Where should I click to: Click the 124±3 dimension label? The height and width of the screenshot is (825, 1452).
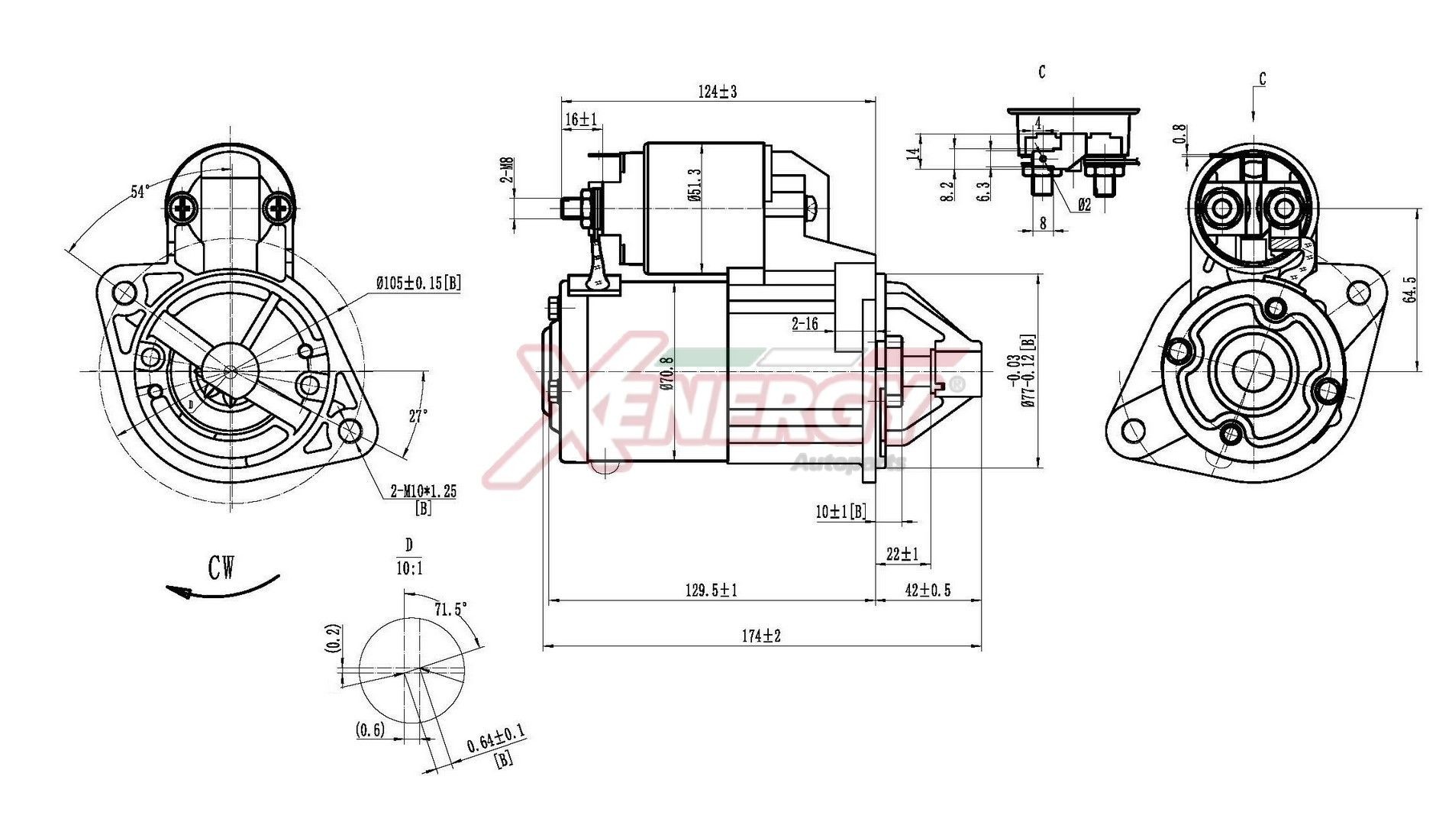coord(717,92)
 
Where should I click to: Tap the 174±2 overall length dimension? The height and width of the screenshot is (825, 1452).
coord(761,636)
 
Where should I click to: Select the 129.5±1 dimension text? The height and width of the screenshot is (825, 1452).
coord(711,590)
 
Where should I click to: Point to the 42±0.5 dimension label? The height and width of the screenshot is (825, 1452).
coord(928,590)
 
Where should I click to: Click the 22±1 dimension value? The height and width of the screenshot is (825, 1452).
coord(902,554)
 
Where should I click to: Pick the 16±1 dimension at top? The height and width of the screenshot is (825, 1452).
coord(581,119)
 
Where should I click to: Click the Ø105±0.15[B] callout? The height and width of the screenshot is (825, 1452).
coord(418,283)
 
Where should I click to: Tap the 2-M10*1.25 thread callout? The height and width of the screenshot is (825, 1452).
coord(423,491)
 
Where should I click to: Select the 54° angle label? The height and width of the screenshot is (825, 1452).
coord(139,191)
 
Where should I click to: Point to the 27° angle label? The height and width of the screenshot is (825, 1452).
coord(418,416)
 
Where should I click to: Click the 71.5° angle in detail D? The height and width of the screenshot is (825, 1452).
coord(450,609)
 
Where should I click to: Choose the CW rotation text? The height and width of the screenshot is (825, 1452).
coord(222,568)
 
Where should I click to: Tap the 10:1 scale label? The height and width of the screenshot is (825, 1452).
coord(409,568)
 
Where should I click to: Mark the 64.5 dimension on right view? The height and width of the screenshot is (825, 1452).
coord(1410,290)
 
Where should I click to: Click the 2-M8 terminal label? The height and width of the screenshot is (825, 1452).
coord(507,170)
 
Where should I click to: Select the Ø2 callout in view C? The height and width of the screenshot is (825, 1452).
coord(1084,205)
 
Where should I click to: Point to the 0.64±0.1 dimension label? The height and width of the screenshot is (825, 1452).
coord(496,739)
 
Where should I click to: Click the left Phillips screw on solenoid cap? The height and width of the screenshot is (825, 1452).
coord(183,207)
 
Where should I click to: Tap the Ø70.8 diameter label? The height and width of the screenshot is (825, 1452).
coord(668,374)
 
